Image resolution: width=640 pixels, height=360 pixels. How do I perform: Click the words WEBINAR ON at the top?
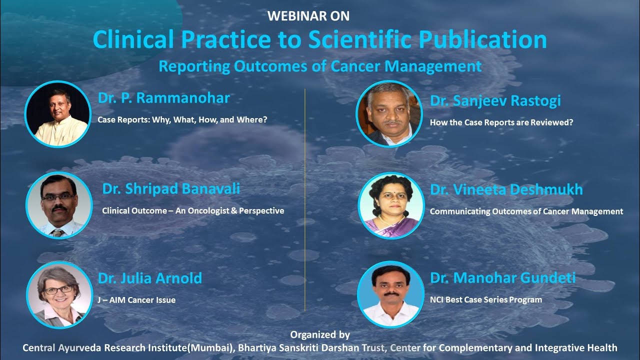pyautogui.click(x=308, y=16)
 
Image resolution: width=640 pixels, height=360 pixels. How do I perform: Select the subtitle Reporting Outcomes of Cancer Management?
pyautogui.click(x=320, y=66)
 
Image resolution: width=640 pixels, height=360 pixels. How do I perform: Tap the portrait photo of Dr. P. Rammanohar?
pyautogui.click(x=57, y=114)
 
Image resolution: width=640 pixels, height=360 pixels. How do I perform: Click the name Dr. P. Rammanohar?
pyautogui.click(x=163, y=98)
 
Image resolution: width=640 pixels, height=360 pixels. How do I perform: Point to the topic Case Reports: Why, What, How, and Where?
pyautogui.click(x=182, y=120)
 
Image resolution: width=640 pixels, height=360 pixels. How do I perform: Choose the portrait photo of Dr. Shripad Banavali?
pyautogui.click(x=59, y=205)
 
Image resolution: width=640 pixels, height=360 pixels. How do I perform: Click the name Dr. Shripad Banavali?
pyautogui.click(x=171, y=188)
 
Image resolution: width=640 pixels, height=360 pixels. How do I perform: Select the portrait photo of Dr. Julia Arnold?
pyautogui.click(x=59, y=295)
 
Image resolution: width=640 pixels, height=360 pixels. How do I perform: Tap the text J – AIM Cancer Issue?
pyautogui.click(x=136, y=300)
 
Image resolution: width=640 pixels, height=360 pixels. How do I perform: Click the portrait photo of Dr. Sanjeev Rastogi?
pyautogui.click(x=389, y=114)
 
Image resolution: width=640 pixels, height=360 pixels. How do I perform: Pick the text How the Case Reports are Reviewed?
pyautogui.click(x=501, y=122)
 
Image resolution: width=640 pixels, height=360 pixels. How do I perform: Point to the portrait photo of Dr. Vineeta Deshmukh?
pyautogui.click(x=391, y=205)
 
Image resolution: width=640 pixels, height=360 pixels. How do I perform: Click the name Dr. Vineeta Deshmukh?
pyautogui.click(x=506, y=190)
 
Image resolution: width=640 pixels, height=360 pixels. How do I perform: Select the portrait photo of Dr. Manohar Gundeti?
pyautogui.click(x=390, y=294)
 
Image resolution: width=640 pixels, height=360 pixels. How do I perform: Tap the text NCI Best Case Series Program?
pyautogui.click(x=485, y=299)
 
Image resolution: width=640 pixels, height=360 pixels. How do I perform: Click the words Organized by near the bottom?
pyautogui.click(x=320, y=335)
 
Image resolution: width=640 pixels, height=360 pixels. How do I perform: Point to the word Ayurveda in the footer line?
pyautogui.click(x=78, y=347)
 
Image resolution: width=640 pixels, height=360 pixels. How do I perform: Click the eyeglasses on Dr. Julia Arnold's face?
pyautogui.click(x=58, y=289)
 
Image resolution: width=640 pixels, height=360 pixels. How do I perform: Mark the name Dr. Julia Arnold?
pyautogui.click(x=149, y=278)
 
